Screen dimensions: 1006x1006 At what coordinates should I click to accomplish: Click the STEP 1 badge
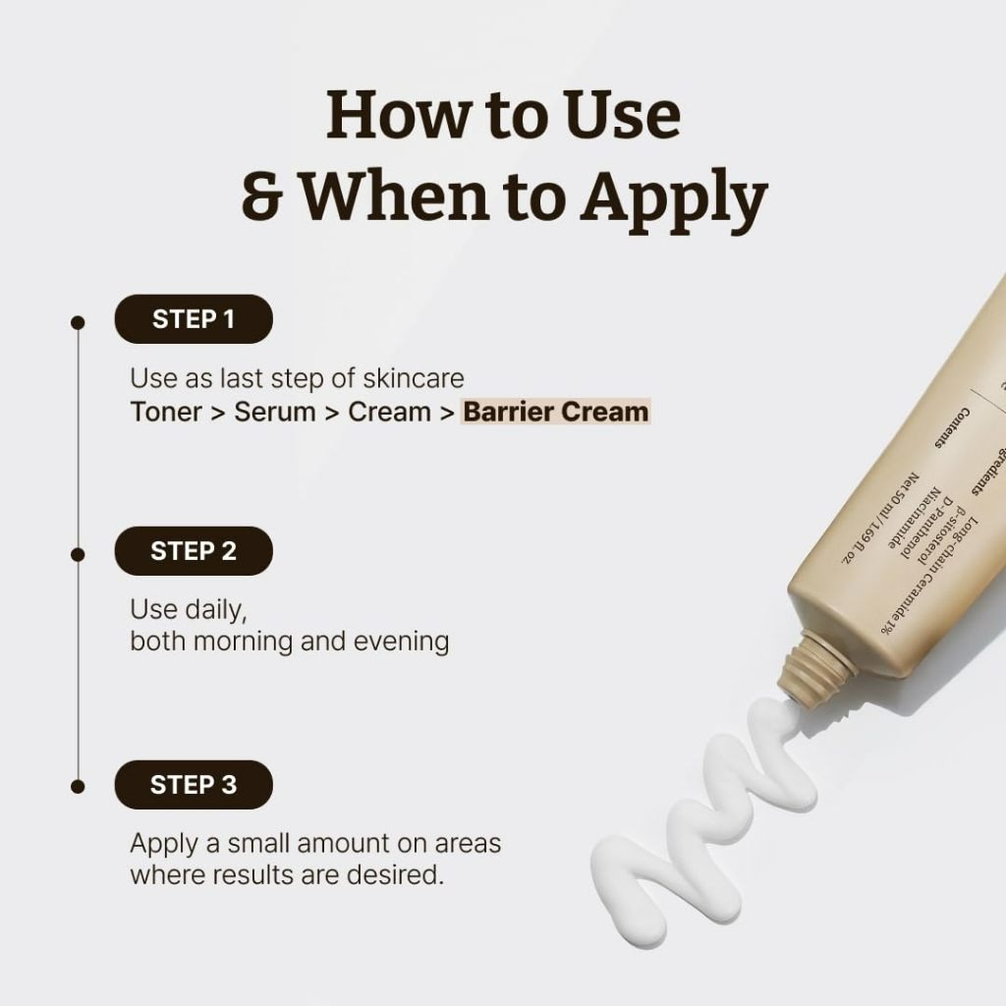[194, 318]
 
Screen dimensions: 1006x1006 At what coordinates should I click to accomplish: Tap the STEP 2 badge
[194, 551]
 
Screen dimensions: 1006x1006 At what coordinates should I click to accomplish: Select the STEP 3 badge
[194, 784]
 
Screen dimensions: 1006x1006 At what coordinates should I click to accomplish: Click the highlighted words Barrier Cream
[556, 411]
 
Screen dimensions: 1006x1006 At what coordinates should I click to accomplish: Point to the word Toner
[165, 411]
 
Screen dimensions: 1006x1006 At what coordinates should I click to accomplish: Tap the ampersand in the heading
[262, 196]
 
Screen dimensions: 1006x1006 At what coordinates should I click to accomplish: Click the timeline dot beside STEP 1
[78, 320]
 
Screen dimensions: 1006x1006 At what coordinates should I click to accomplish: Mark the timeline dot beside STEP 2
[78, 553]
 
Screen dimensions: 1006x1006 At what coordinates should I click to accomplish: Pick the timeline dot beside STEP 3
[78, 785]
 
